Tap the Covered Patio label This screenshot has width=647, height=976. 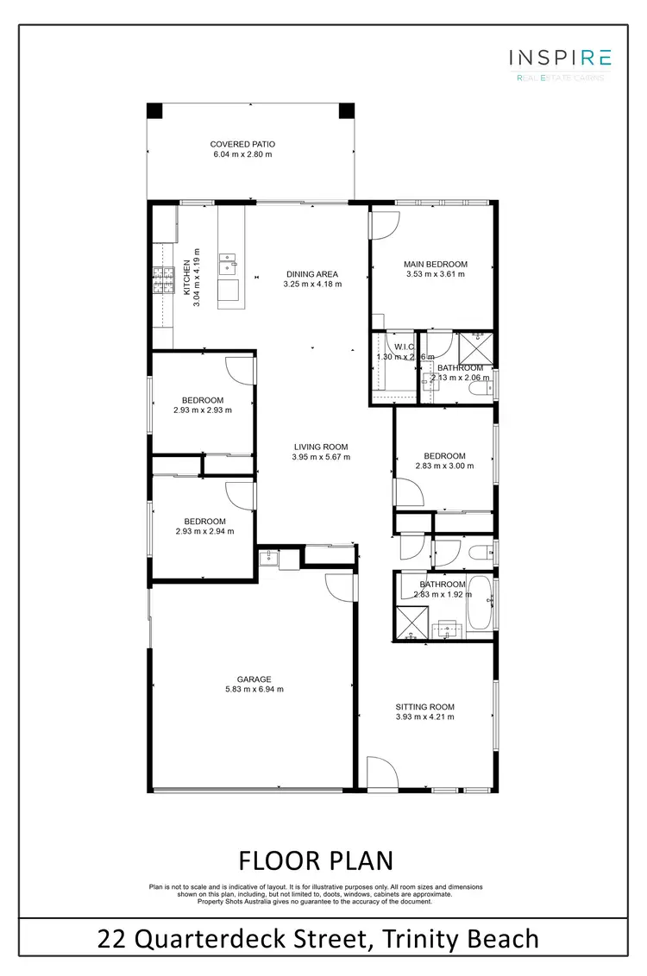[242, 145]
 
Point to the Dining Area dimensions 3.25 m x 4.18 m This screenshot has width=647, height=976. [314, 284]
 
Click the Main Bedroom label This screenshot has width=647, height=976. [436, 264]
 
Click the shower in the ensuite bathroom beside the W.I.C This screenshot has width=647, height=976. [473, 347]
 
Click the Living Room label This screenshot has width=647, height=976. [320, 447]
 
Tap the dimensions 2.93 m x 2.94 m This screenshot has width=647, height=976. [204, 531]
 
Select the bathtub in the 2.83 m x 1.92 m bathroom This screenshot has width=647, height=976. [481, 605]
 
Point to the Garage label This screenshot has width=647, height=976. [254, 679]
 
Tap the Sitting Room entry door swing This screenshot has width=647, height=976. [380, 772]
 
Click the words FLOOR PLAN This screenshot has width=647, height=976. [316, 860]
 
